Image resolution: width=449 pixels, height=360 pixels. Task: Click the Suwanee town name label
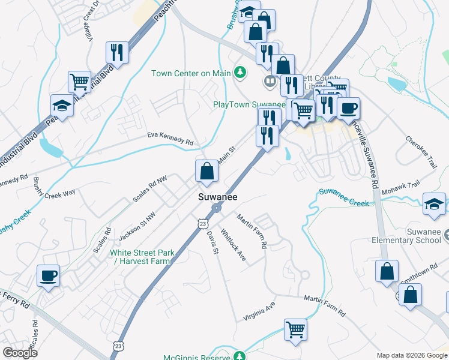click(x=218, y=197)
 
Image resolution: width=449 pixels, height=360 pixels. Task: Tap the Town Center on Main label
click(x=191, y=73)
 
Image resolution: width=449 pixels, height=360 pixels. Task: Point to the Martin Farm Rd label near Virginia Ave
click(x=325, y=305)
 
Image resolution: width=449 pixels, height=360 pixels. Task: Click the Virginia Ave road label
click(x=259, y=312)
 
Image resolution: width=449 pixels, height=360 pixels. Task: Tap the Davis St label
click(x=212, y=242)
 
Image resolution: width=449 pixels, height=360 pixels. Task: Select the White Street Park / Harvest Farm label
click(x=142, y=257)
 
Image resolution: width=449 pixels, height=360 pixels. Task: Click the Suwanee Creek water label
click(x=343, y=197)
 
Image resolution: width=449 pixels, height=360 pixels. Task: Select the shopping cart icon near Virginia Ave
click(x=295, y=328)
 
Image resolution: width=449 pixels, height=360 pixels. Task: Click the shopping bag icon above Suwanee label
click(x=206, y=171)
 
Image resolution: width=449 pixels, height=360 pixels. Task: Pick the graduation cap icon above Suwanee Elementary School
click(x=434, y=203)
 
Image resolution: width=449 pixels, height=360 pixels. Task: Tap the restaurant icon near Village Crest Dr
click(x=117, y=52)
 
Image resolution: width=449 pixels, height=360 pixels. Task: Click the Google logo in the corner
click(x=20, y=353)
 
